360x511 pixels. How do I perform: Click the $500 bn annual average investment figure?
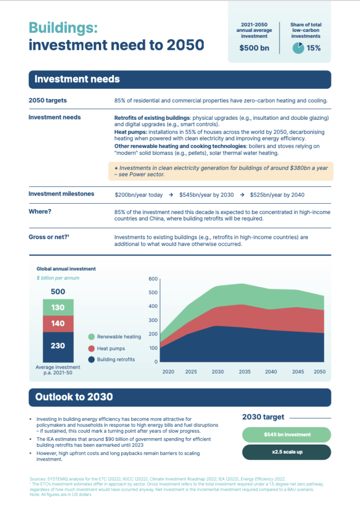point(254,48)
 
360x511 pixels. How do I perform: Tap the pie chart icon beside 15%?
point(298,48)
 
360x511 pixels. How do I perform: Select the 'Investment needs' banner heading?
point(77,79)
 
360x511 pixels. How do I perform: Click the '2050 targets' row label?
point(48,100)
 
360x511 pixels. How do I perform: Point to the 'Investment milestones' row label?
point(61,194)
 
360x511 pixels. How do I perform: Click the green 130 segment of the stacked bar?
point(58,307)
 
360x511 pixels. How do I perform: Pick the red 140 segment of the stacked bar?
point(58,323)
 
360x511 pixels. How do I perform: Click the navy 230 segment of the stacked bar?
point(58,346)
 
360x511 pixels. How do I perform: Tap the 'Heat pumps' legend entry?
point(110,348)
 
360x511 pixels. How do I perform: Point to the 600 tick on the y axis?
point(153,279)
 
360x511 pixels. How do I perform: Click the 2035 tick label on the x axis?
point(245,372)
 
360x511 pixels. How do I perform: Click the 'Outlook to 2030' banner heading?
point(74,397)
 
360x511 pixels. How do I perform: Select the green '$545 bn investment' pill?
point(287,435)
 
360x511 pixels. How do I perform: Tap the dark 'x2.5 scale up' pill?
point(287,452)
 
